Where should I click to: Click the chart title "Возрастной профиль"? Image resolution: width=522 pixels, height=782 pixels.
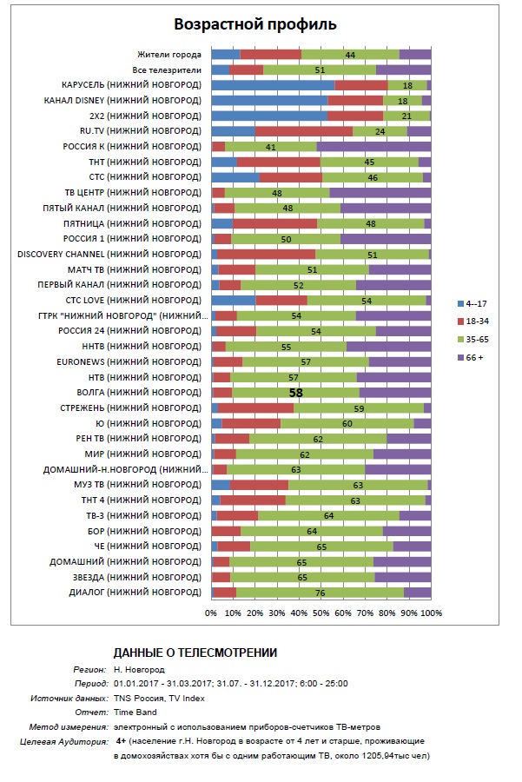(x=254, y=24)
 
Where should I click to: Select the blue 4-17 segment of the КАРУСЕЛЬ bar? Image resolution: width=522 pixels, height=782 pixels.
(x=274, y=85)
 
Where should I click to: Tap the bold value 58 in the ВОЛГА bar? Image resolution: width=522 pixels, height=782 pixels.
(x=296, y=393)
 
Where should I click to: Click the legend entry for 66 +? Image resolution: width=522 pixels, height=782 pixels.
(x=471, y=358)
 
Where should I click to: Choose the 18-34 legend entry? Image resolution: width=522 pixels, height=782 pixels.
(x=473, y=321)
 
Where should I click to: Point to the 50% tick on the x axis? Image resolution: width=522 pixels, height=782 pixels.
(x=321, y=613)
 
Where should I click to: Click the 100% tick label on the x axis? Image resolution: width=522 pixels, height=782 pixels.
(x=432, y=613)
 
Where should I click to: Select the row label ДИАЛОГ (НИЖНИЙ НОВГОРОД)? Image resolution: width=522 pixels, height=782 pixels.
(x=135, y=593)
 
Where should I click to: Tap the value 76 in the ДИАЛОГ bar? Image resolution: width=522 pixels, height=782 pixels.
(x=320, y=593)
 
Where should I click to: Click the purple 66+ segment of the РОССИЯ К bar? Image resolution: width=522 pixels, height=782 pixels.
(x=374, y=147)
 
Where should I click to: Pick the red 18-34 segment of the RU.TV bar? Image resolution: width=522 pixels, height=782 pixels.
(x=304, y=131)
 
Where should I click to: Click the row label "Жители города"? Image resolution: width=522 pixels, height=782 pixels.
(x=169, y=55)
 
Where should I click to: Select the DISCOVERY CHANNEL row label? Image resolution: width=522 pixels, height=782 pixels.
(x=109, y=255)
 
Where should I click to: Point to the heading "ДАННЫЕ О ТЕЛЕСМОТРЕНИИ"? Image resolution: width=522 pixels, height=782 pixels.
(x=195, y=653)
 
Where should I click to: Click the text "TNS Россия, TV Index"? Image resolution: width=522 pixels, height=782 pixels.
(x=159, y=699)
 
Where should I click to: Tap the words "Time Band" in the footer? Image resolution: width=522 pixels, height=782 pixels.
(x=135, y=712)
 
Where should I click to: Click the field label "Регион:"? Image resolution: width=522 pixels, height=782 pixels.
(x=89, y=670)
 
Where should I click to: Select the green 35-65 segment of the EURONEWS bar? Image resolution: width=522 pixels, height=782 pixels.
(x=306, y=362)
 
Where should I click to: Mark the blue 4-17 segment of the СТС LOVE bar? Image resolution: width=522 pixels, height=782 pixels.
(x=234, y=301)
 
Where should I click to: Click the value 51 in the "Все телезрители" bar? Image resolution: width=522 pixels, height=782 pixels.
(x=320, y=70)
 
